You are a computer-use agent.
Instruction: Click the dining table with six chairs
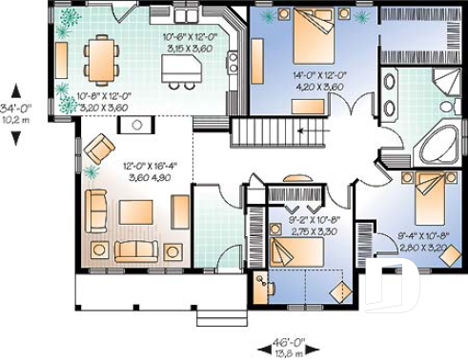point(100,59)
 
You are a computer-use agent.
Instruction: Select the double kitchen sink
point(233,63)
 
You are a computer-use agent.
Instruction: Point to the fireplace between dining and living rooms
point(135,124)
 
